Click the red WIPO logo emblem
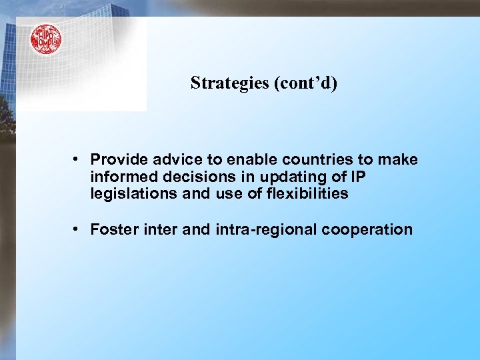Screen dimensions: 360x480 tap(45, 39)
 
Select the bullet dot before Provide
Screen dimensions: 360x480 tap(77, 159)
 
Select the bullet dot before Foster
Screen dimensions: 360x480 tap(77, 229)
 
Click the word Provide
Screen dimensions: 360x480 tap(116, 160)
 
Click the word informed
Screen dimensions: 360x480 tap(118, 177)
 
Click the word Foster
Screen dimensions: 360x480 tap(111, 230)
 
